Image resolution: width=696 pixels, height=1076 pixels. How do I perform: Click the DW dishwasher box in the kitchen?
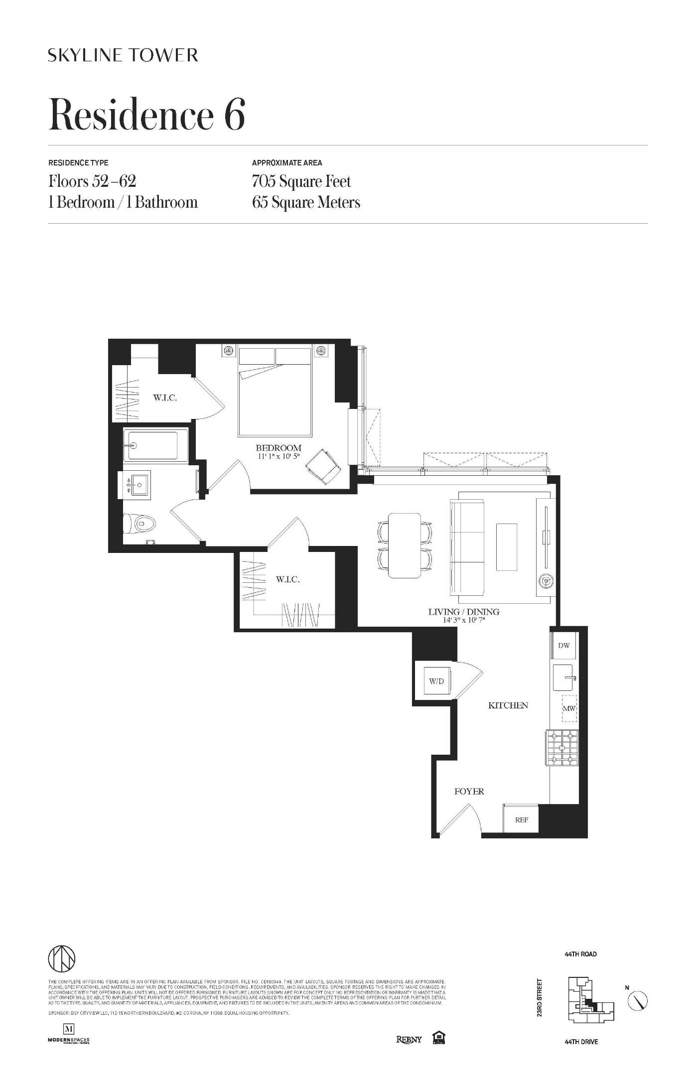pos(564,646)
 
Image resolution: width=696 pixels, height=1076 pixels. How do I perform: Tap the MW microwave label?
pos(569,708)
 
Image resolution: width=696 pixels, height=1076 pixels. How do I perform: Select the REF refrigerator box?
pos(521,819)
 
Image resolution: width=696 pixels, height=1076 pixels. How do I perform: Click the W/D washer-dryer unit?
pos(436,681)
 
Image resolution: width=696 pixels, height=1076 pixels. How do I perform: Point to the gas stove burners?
pos(561,747)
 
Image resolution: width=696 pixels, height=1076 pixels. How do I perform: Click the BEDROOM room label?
pos(278,448)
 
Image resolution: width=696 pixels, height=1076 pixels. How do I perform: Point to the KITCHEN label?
pos(508,705)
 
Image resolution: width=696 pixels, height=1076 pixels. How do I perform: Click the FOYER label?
pos(469,791)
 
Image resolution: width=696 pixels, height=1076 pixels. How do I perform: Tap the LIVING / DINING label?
pos(464,612)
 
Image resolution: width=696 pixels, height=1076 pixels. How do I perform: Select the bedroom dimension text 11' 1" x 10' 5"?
pos(278,456)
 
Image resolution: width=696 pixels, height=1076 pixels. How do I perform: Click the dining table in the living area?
pos(405,545)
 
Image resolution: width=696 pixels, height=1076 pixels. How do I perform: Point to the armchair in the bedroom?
pos(324,466)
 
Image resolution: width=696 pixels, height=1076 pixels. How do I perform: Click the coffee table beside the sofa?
pos(506,546)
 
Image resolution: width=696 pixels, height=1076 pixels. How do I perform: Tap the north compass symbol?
pos(637,1001)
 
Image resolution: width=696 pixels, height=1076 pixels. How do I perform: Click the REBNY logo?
pos(409,1039)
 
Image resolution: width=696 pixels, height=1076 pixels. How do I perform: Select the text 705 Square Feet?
pos(301,181)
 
